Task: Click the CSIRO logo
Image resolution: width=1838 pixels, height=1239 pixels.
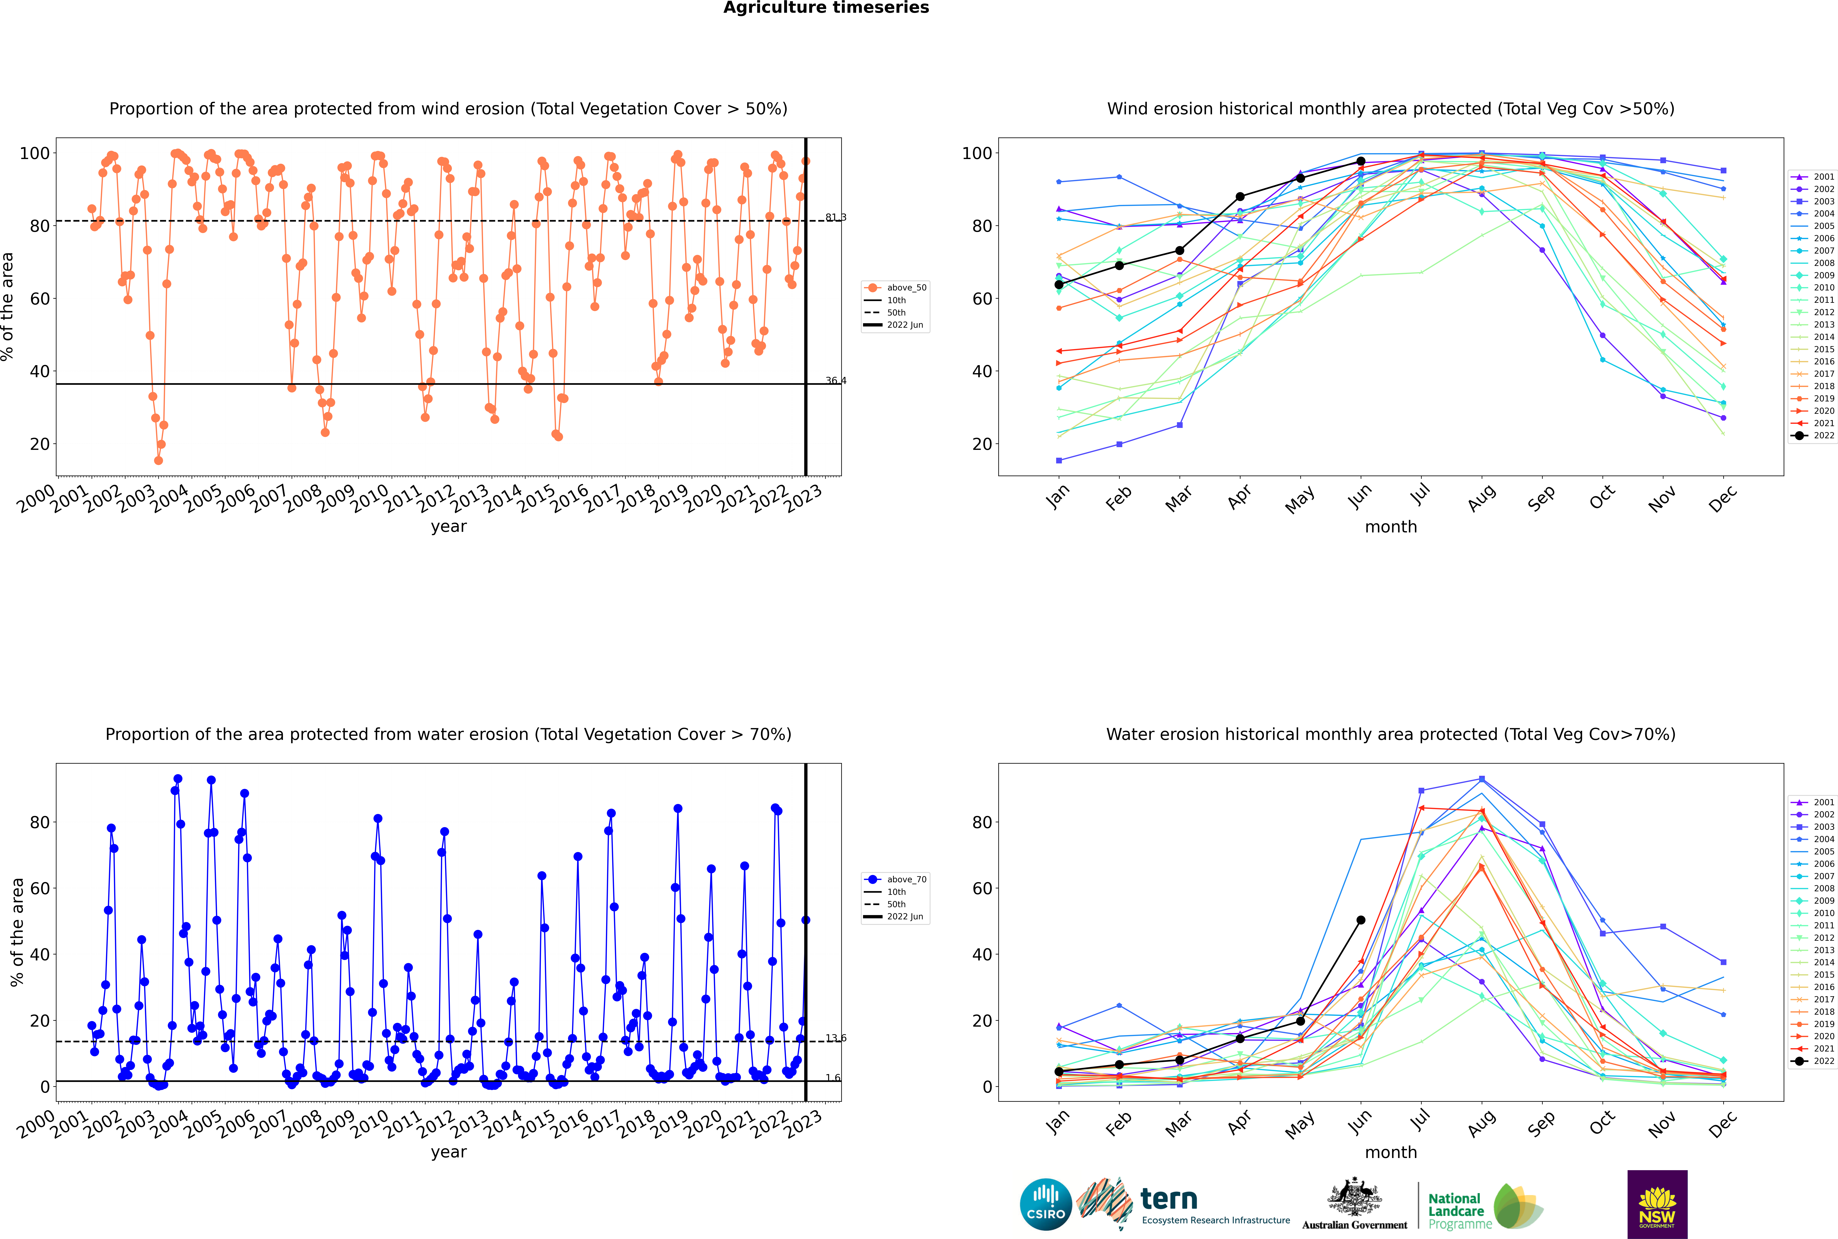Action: [1045, 1204]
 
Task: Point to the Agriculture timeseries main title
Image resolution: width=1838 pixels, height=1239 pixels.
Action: [826, 8]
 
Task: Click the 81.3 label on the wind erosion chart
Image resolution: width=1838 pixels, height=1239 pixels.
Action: [835, 217]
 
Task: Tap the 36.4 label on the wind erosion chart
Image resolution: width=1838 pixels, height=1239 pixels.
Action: [835, 381]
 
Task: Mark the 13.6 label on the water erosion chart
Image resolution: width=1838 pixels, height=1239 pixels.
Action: [835, 1038]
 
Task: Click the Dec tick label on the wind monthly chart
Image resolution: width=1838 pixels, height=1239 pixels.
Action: [1723, 499]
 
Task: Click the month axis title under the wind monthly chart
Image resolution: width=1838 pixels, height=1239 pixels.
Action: [1391, 527]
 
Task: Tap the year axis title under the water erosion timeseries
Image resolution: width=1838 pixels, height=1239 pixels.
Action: [449, 1152]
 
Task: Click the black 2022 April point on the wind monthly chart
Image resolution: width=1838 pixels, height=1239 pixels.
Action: [1240, 197]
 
